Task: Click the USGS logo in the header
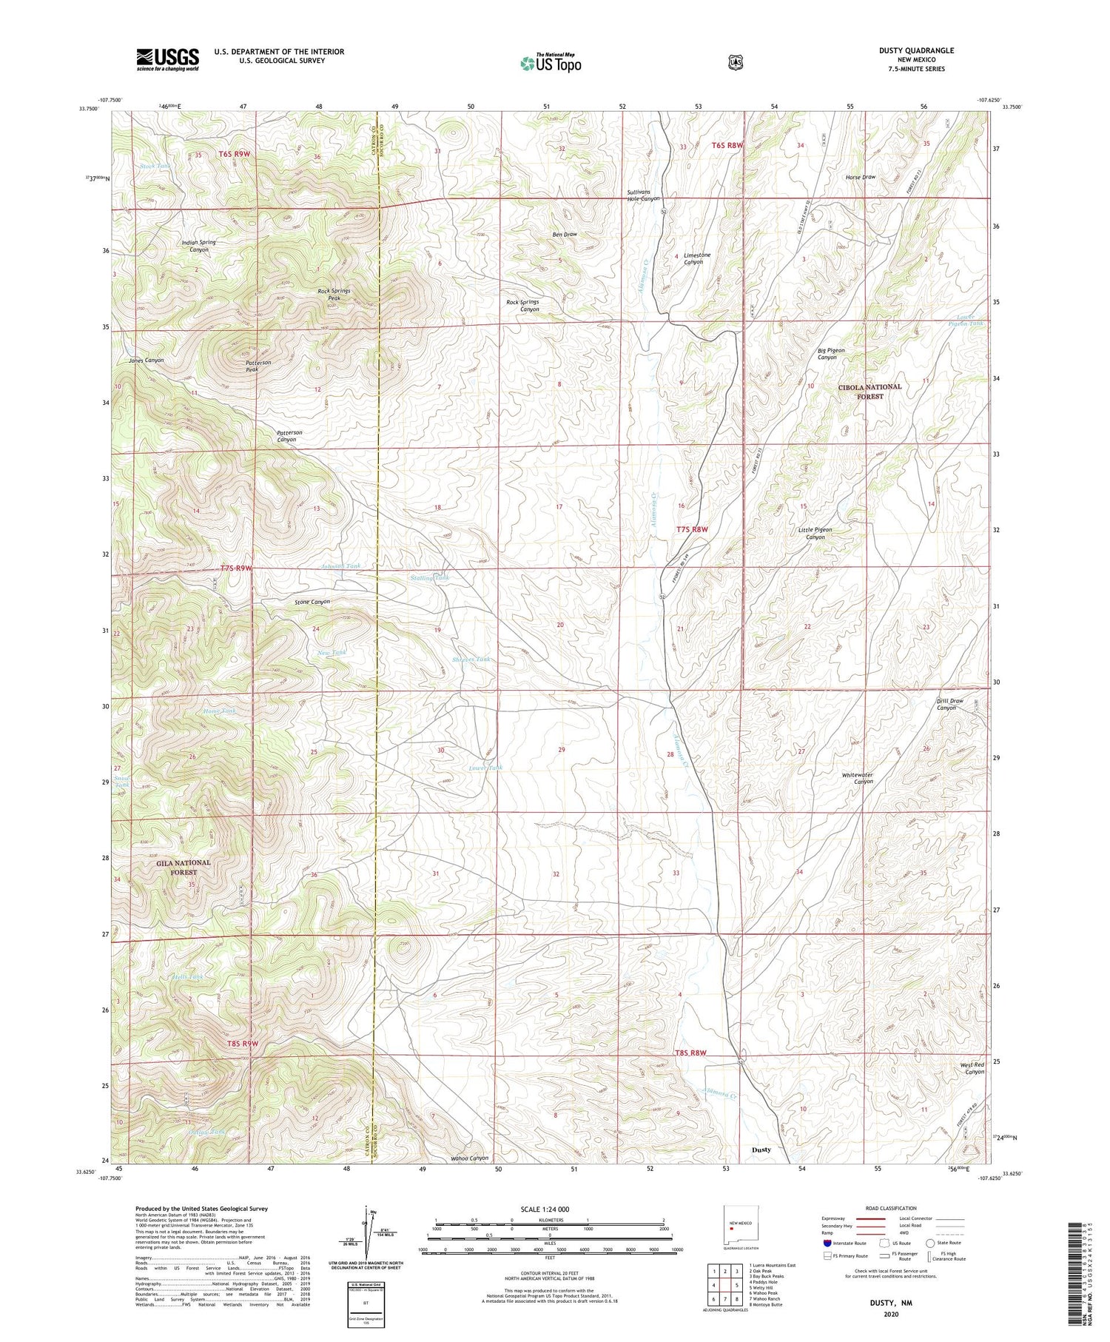(167, 59)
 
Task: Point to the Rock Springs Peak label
(334, 295)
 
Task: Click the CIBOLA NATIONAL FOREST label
(869, 391)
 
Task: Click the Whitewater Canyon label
(857, 778)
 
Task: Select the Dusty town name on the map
(761, 1150)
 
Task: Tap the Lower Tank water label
(485, 768)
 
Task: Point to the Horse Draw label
(861, 178)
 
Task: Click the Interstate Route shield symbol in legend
(827, 1243)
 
